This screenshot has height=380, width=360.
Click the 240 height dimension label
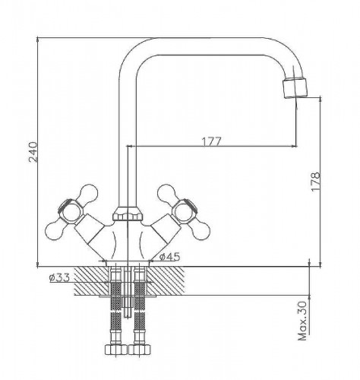33,152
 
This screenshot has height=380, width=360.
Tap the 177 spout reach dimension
211,141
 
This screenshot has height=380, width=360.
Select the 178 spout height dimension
315,182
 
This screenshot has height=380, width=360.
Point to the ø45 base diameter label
170,257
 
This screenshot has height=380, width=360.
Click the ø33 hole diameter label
59,277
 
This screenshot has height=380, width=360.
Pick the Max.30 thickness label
302,321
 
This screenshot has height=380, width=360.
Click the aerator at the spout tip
295,88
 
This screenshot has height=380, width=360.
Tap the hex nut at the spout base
128,214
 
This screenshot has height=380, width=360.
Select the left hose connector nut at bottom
116,350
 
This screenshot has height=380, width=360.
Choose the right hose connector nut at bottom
140,350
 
